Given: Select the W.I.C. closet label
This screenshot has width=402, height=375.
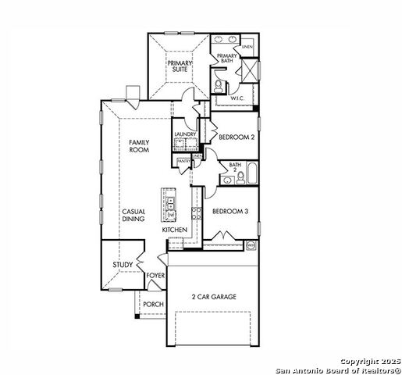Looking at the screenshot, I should click(x=238, y=98).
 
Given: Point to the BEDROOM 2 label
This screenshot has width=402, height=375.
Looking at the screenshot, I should click(x=236, y=137).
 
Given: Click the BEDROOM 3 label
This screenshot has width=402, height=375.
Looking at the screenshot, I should click(x=231, y=211).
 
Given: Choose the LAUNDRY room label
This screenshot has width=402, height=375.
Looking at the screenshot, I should click(x=185, y=134).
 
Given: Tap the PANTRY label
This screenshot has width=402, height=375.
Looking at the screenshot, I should click(x=184, y=161).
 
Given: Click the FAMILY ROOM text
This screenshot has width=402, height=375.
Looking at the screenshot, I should click(x=139, y=145).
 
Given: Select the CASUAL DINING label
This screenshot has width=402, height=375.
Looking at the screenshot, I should click(x=133, y=216).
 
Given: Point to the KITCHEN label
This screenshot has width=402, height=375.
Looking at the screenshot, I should click(x=173, y=230).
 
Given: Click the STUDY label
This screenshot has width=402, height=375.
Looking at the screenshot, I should click(x=123, y=266).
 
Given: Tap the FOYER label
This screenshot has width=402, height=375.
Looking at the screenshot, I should click(x=155, y=276).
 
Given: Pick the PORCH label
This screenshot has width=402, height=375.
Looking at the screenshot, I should click(x=152, y=305).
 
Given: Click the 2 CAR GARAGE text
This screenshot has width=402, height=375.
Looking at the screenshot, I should click(x=214, y=297).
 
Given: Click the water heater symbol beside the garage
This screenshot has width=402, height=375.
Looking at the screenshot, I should click(x=251, y=246).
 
